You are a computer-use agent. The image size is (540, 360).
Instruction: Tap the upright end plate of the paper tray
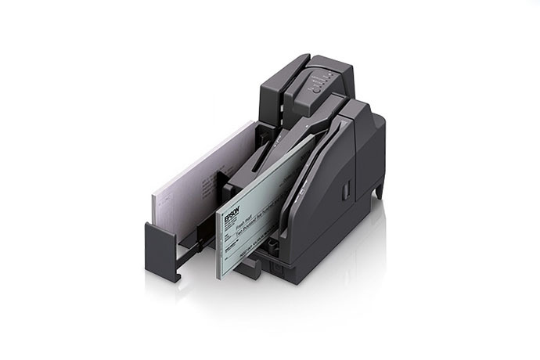pos(163,249)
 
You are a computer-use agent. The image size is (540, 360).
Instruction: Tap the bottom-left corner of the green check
pos(220,275)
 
